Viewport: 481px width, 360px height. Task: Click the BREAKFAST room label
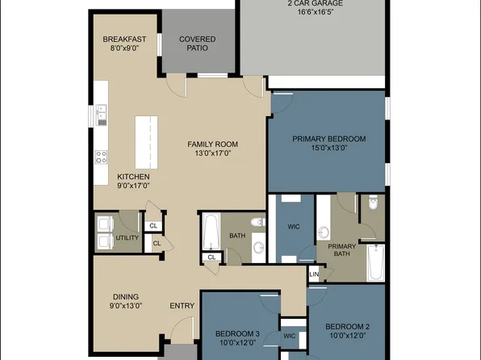[124, 39]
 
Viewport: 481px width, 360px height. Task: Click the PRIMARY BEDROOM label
[328, 139]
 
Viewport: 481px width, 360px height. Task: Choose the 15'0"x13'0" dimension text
[328, 148]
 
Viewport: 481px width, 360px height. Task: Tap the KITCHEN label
[133, 177]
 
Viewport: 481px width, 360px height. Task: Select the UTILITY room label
[128, 238]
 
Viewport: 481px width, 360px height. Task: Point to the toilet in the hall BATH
[257, 222]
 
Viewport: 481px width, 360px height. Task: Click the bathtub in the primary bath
[376, 262]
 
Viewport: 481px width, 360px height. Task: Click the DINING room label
[125, 296]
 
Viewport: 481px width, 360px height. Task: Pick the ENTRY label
[181, 306]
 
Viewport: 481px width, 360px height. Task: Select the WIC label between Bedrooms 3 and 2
[288, 336]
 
